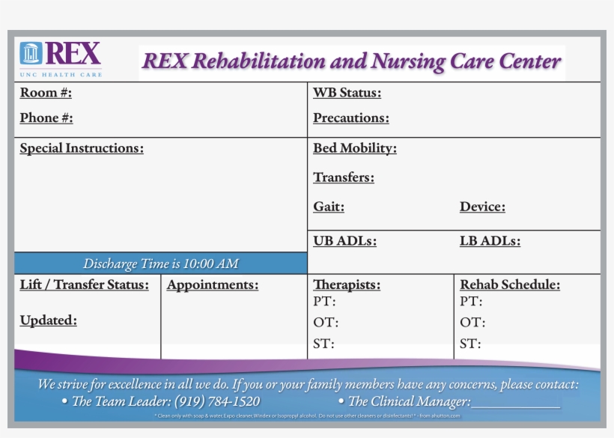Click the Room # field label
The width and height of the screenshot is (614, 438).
tap(46, 93)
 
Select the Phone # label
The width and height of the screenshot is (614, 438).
tap(46, 118)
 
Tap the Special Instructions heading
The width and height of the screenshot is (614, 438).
tap(82, 148)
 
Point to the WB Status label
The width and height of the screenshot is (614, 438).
tap(347, 93)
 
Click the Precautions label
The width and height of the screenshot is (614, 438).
tap(350, 118)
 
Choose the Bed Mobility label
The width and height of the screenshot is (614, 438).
tap(354, 148)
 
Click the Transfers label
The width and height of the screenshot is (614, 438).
tap(343, 177)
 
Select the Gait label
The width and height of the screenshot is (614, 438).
tap(329, 207)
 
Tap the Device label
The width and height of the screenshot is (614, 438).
tap(482, 207)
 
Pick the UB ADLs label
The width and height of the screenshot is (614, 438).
tap(344, 241)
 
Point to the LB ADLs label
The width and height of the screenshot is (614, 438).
tap(490, 241)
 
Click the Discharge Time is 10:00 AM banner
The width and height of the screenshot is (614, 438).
tap(160, 264)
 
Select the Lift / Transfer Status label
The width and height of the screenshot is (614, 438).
tap(84, 285)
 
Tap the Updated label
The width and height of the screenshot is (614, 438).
tap(48, 320)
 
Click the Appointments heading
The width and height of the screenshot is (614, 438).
tap(212, 285)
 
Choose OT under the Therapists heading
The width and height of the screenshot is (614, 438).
tap(325, 323)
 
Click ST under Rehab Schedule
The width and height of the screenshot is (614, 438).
tap(470, 344)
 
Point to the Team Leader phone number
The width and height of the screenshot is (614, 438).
tap(217, 401)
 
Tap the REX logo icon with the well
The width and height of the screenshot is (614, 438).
tap(31, 54)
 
